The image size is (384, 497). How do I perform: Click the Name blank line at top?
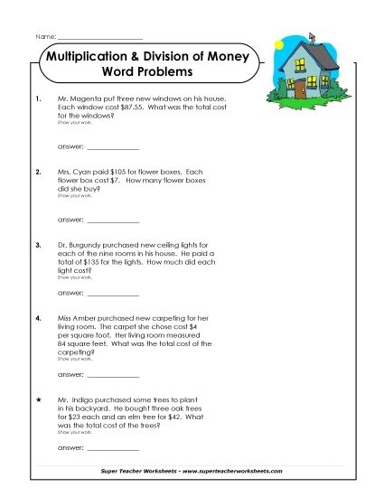pyautogui.click(x=99, y=36)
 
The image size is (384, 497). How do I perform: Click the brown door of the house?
pyautogui.click(x=300, y=88)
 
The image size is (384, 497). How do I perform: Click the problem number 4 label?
pyautogui.click(x=37, y=318)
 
